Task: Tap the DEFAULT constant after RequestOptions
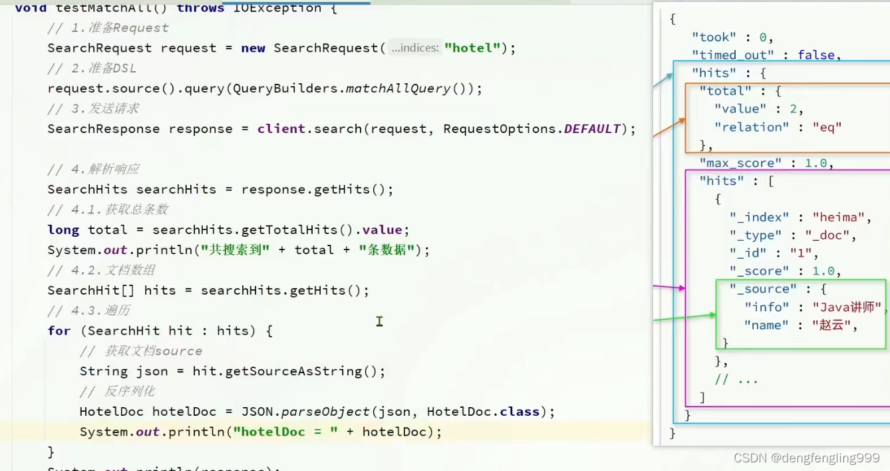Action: [592, 128]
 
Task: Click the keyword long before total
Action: [63, 230]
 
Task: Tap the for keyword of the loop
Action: [59, 331]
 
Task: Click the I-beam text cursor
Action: [379, 321]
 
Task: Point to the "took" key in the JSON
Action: [714, 37]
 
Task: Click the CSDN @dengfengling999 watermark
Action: [806, 458]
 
